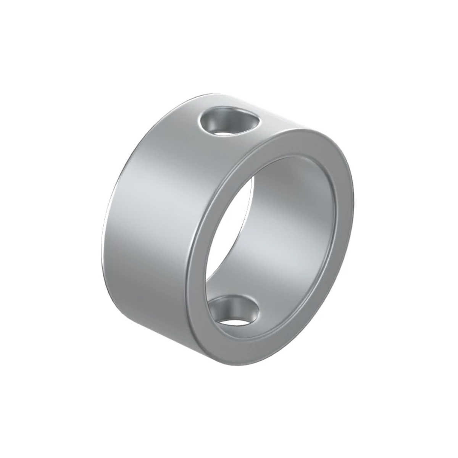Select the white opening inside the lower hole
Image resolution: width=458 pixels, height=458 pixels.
(x=233, y=321)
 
